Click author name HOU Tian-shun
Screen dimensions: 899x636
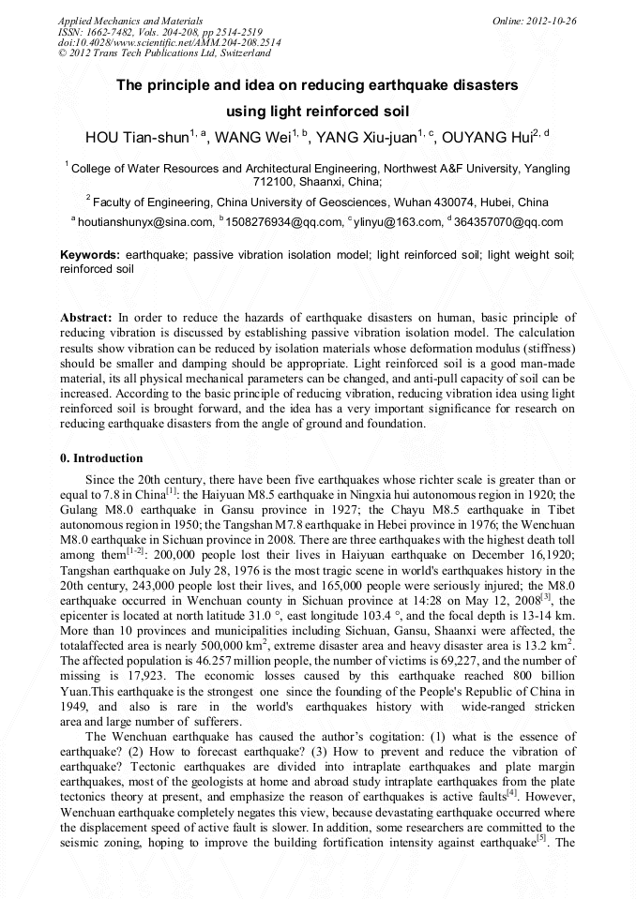tap(137, 139)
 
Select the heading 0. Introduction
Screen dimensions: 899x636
tap(104, 458)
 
